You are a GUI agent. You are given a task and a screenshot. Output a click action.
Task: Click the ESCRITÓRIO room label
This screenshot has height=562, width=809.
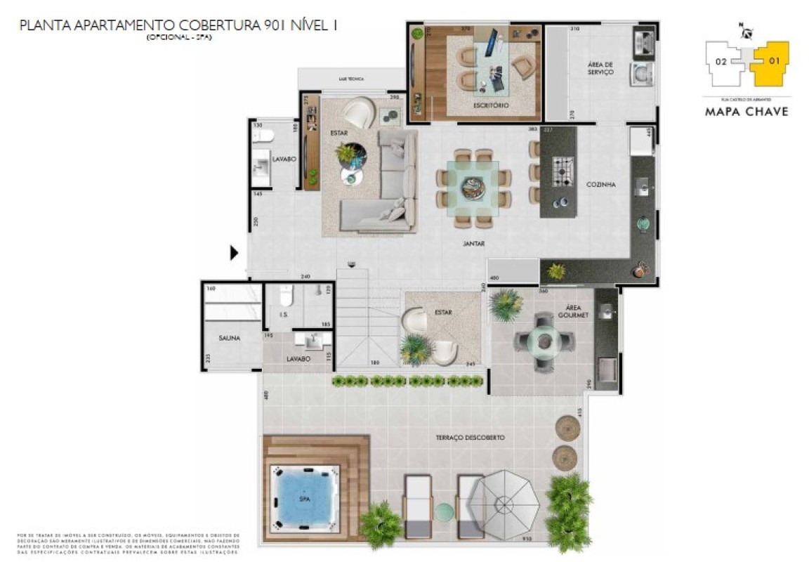pyautogui.click(x=491, y=105)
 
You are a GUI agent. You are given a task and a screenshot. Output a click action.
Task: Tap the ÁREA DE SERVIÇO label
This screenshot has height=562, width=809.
pyautogui.click(x=600, y=68)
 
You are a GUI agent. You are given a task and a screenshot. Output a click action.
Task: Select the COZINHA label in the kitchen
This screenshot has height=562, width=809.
pyautogui.click(x=601, y=185)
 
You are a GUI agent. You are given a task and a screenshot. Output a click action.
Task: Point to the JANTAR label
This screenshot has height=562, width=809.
pyautogui.click(x=475, y=244)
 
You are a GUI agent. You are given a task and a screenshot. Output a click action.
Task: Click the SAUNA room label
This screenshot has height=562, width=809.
pyautogui.click(x=230, y=338)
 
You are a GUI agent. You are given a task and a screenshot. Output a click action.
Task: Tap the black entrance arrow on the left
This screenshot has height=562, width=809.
pyautogui.click(x=235, y=253)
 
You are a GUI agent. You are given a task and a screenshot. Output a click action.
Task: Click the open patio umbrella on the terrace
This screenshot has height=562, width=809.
pyautogui.click(x=504, y=504)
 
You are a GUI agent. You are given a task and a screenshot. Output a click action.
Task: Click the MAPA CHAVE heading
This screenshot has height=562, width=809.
pyautogui.click(x=747, y=112)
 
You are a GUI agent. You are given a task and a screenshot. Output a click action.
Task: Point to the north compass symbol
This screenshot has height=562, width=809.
pyautogui.click(x=746, y=31)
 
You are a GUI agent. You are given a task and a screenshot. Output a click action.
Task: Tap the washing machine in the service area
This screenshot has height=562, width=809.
pyautogui.click(x=643, y=73)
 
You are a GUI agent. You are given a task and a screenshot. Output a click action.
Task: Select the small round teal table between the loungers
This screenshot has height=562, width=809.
pyautogui.click(x=443, y=512)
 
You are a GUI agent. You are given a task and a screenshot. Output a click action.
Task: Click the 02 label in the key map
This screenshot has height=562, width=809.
pyautogui.click(x=721, y=61)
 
